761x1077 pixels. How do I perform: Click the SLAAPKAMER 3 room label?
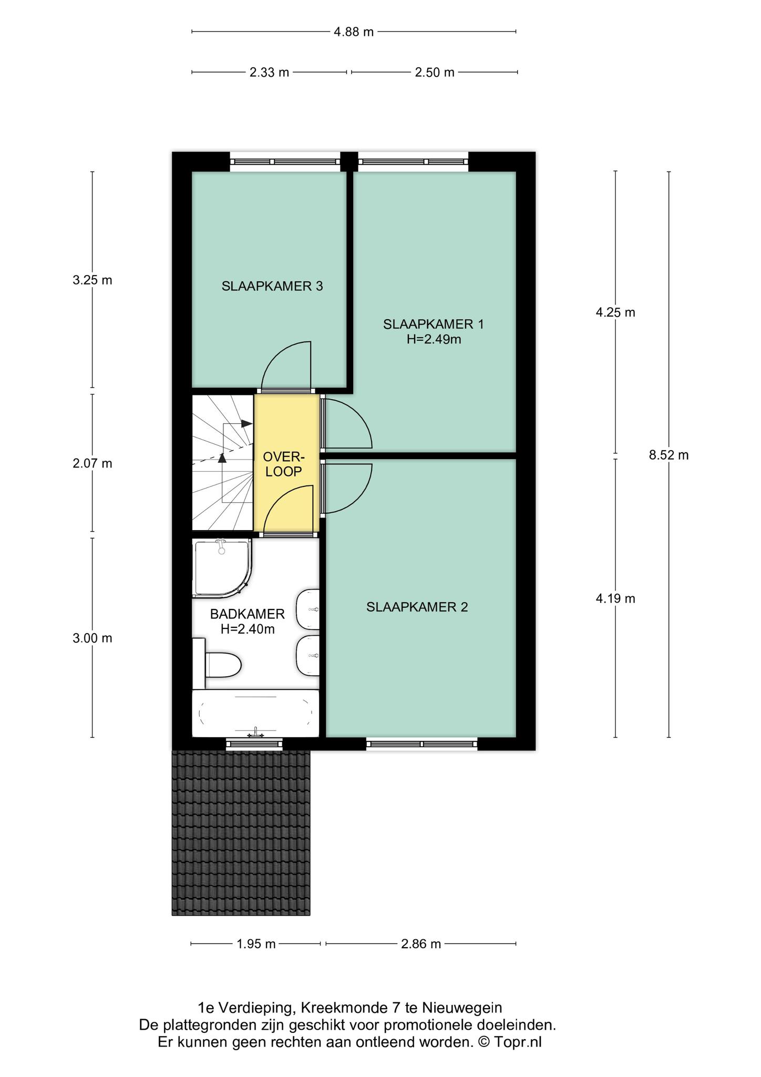[x=272, y=287]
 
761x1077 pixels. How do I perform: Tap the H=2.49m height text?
[x=434, y=340]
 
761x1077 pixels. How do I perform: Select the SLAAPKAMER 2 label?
[x=417, y=607]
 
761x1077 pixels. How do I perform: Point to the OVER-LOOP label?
[x=284, y=464]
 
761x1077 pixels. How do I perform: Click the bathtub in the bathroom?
[x=255, y=714]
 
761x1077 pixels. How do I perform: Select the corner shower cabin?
[x=222, y=568]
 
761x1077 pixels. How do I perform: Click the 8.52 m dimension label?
[x=669, y=455]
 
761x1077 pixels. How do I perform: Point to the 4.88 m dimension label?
[x=354, y=32]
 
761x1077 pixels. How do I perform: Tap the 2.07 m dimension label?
[x=92, y=464]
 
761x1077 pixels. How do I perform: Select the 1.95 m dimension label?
[x=256, y=944]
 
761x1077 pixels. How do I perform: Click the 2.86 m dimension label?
[x=421, y=944]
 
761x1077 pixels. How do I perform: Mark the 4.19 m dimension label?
[x=615, y=598]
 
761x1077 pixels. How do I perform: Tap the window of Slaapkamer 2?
[x=422, y=744]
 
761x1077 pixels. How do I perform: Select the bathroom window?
[x=254, y=744]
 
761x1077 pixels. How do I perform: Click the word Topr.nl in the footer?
[x=518, y=1042]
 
